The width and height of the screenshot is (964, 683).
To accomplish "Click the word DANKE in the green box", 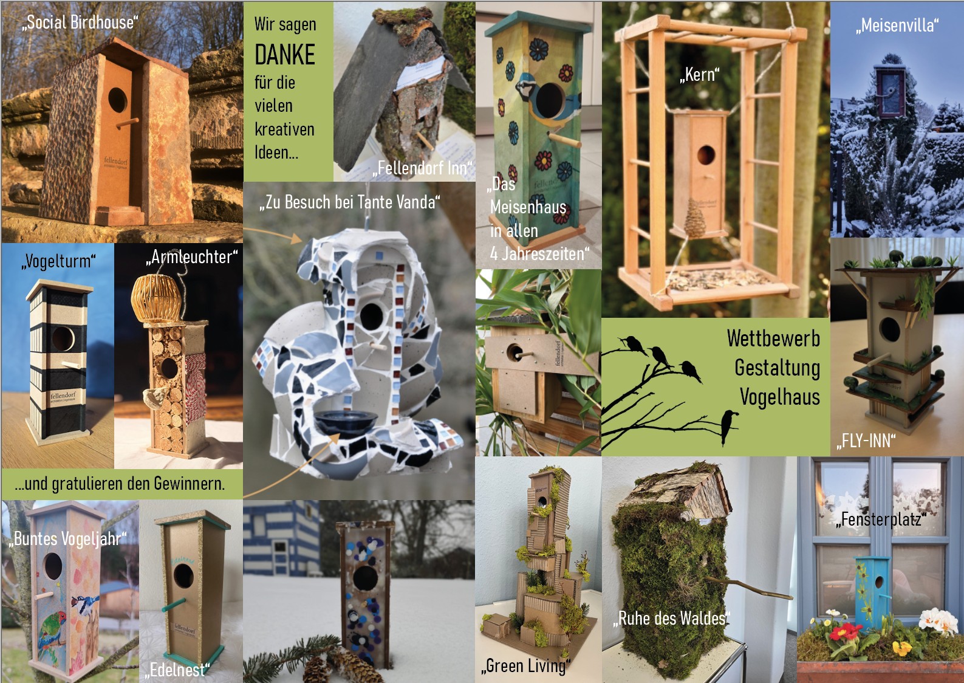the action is point(285,55).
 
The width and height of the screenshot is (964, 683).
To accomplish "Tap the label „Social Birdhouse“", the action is point(80,22).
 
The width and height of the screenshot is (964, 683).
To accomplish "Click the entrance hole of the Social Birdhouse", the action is point(117,100).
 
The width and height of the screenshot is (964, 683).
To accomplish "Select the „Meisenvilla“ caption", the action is point(897,25).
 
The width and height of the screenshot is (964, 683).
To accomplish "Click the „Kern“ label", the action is point(700,75).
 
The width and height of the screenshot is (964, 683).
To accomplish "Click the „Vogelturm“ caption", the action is point(58,261).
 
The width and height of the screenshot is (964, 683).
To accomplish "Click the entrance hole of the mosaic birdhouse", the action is point(371,317).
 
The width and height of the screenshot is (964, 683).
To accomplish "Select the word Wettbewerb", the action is point(773,338).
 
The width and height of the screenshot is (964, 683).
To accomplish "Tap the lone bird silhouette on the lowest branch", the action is point(728,426).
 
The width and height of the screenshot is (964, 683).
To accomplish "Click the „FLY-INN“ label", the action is point(866,441).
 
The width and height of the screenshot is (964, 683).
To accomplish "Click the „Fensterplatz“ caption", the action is point(881,520).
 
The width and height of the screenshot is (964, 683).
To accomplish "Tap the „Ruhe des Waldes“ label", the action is point(671,619).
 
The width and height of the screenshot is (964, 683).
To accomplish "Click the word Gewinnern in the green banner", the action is point(189,484).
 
